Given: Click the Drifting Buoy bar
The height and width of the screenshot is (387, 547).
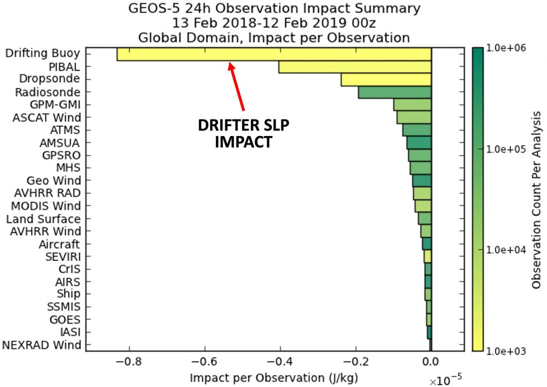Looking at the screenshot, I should coord(273,54).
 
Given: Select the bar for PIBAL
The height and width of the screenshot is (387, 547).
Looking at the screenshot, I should coord(355,67).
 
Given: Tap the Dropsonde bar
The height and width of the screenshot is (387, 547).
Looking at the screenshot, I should coord(386,80).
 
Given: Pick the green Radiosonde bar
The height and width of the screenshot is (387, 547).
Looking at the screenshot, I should coord(394,92).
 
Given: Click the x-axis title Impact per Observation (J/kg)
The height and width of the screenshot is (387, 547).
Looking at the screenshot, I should coord(273,378).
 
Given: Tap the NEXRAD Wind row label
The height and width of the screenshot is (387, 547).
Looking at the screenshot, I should coord(42,345).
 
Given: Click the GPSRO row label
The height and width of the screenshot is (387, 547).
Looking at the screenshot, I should coord(61,155).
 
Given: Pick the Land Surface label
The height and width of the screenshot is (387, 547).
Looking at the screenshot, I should coord(43,219).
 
